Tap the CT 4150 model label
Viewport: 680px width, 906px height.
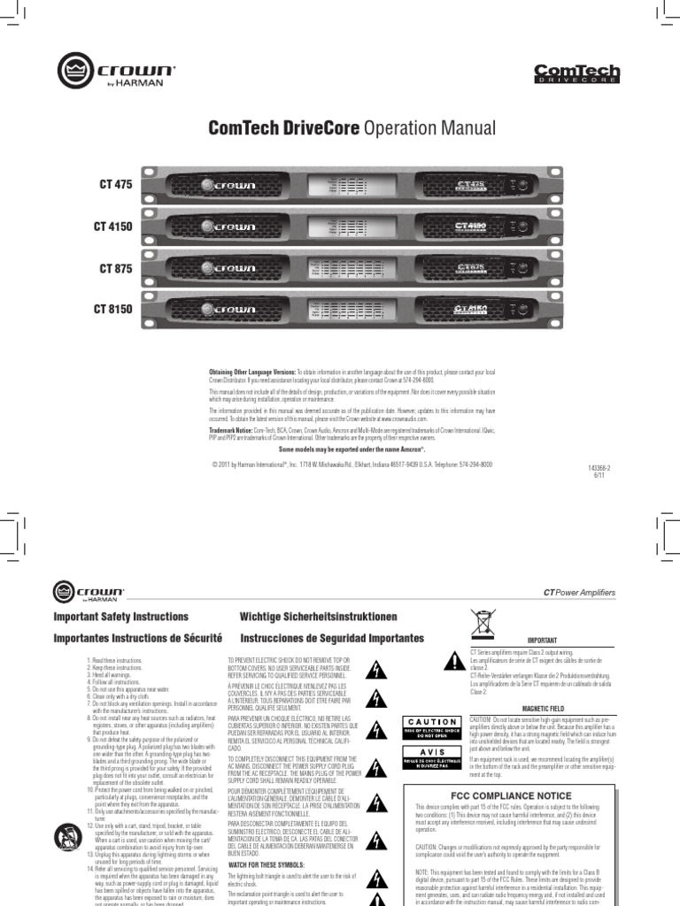click(x=112, y=226)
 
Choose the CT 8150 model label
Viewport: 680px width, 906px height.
click(x=112, y=310)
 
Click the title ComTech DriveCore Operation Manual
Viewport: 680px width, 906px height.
click(x=352, y=128)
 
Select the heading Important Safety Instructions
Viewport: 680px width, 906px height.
click(x=121, y=617)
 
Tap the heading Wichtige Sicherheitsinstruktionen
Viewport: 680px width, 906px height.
click(x=318, y=617)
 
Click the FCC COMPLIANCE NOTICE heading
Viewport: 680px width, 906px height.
click(x=524, y=795)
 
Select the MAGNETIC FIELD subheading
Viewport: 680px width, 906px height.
click(x=543, y=709)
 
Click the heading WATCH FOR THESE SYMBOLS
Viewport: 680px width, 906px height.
click(x=269, y=864)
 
